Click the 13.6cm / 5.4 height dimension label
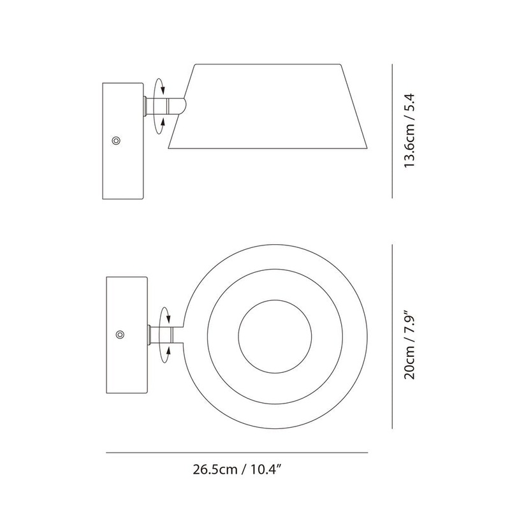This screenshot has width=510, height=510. point(409,131)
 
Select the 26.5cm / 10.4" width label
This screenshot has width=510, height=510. point(237,469)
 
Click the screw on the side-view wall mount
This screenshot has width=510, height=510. point(116,140)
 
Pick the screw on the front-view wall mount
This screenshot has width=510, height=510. point(120,334)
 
